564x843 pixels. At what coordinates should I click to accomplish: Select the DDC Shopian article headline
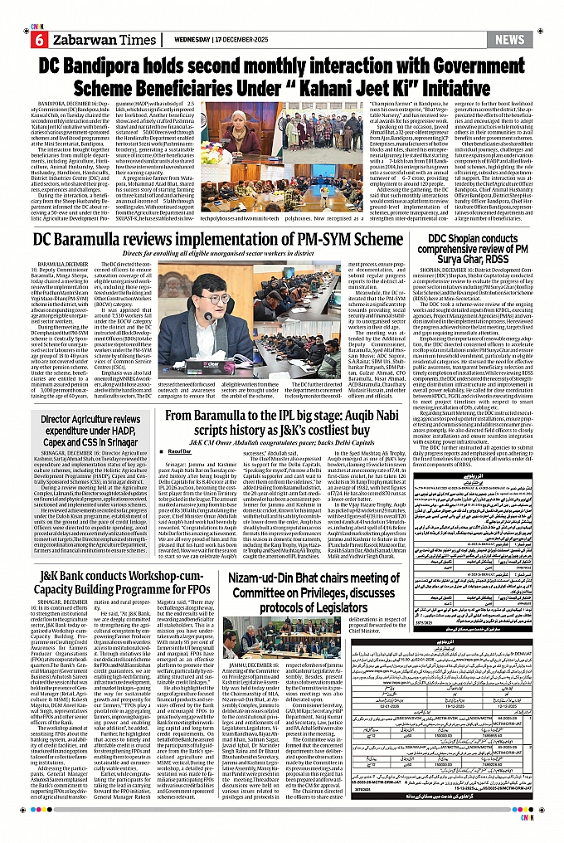[x=470, y=246]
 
